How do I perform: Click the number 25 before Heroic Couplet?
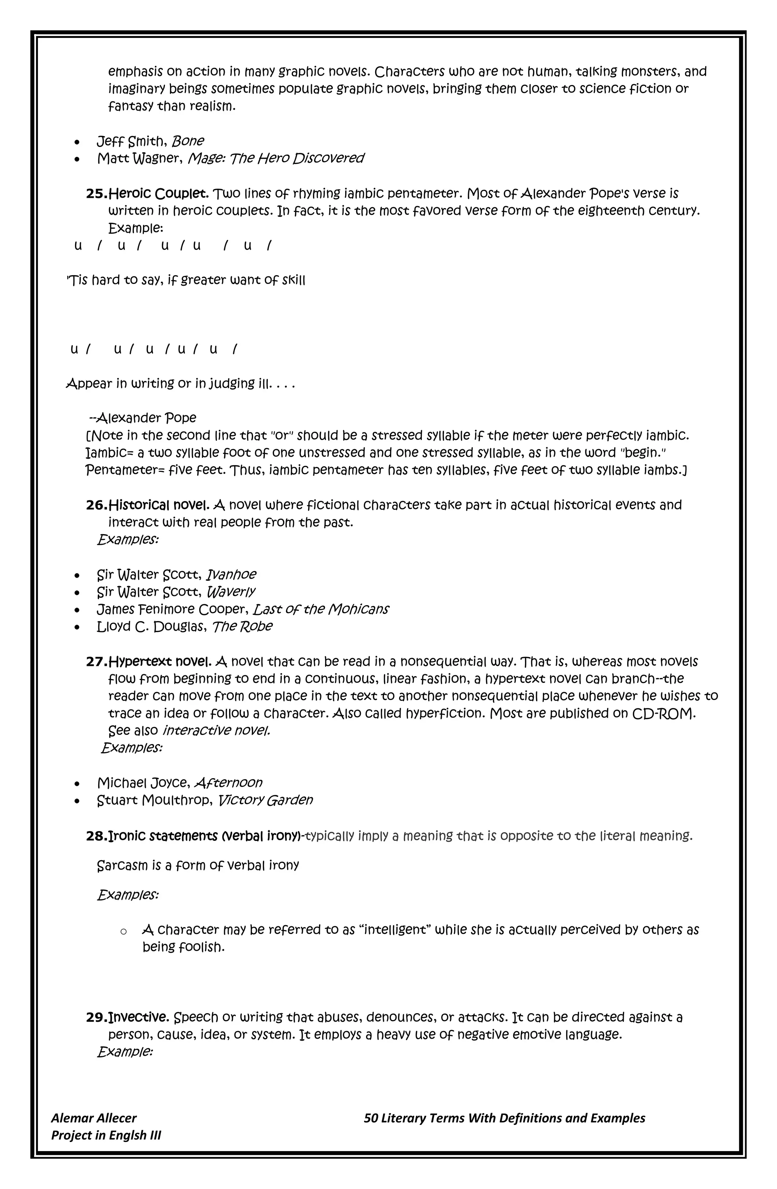pyautogui.click(x=96, y=194)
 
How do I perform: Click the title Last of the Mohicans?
pyautogui.click(x=320, y=609)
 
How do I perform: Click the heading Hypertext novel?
pyautogui.click(x=160, y=662)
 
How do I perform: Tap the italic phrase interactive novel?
pyautogui.click(x=216, y=731)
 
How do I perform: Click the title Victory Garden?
pyautogui.click(x=265, y=800)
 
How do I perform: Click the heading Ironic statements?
pyautogui.click(x=163, y=836)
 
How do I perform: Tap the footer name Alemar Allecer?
pyautogui.click(x=93, y=1118)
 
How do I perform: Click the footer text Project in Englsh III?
pyautogui.click(x=106, y=1135)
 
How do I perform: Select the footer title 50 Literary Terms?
pyautogui.click(x=504, y=1118)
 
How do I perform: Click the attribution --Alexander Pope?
pyautogui.click(x=142, y=418)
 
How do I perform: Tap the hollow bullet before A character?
pyautogui.click(x=123, y=932)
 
